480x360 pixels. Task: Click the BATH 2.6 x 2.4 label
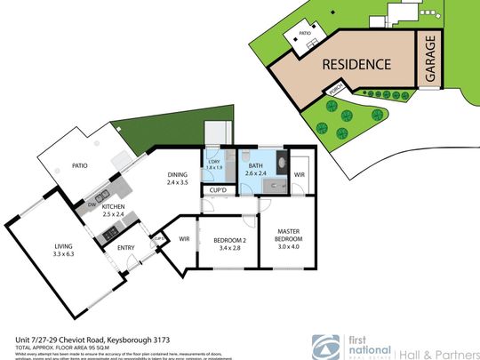coord(255,164)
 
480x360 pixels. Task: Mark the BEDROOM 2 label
coord(229,244)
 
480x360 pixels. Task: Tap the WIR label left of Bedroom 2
coord(185,238)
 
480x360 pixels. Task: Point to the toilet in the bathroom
coord(243,156)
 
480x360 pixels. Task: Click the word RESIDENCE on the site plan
coord(356,64)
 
